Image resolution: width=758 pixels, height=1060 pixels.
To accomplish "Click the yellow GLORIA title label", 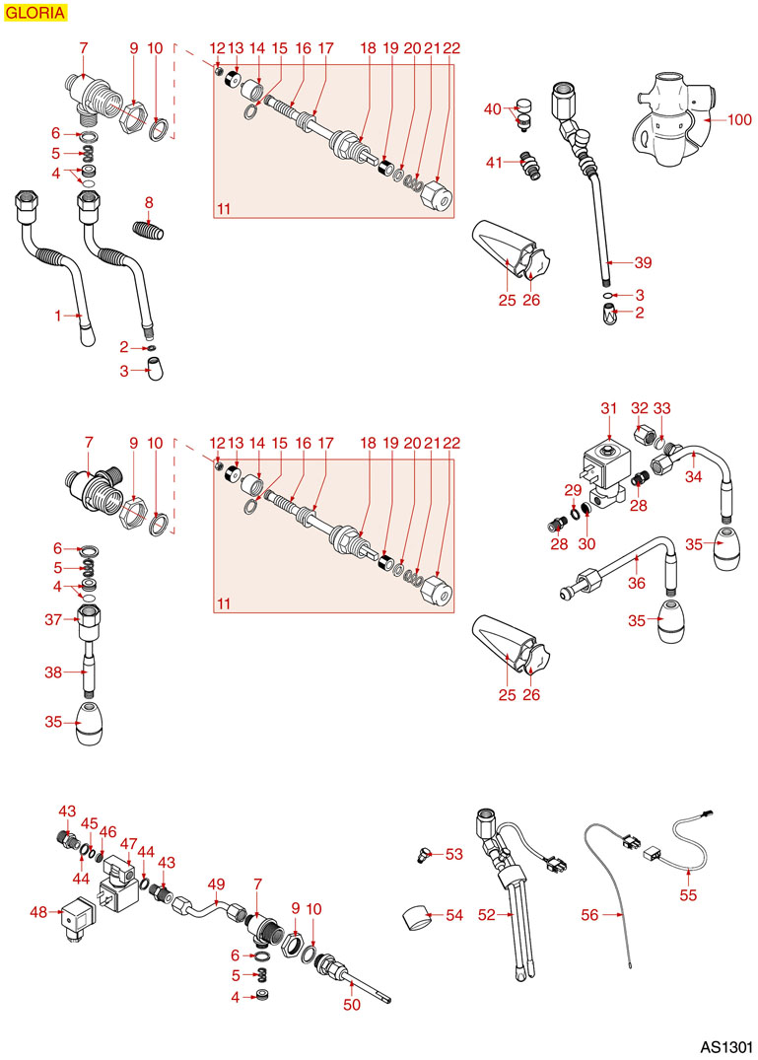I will tap(35, 13).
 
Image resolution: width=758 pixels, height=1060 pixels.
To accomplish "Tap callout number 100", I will tap(739, 119).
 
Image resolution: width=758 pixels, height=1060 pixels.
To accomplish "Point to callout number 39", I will tap(644, 262).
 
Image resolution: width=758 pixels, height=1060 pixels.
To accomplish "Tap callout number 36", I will tap(637, 583).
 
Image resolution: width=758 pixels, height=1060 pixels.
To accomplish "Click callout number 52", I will tap(485, 915).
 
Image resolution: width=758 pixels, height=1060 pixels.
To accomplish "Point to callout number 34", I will tap(694, 477).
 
